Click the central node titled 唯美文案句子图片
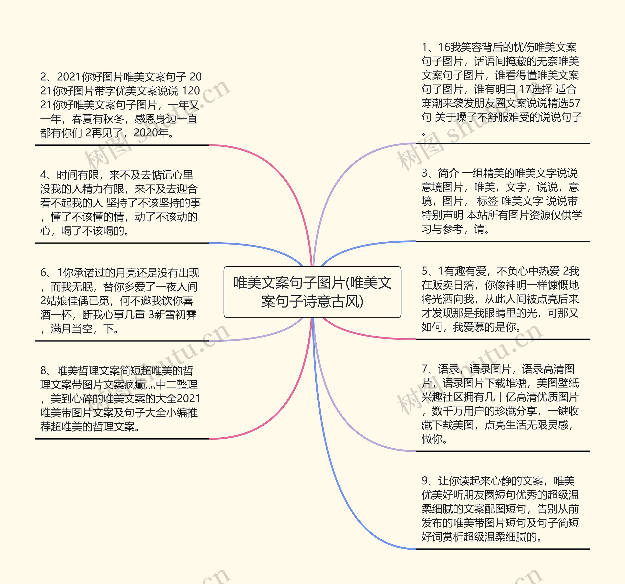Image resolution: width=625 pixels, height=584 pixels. click(x=312, y=292)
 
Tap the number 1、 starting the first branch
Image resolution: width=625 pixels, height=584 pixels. click(x=427, y=47)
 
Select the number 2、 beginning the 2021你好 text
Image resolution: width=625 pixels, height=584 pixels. click(x=46, y=77)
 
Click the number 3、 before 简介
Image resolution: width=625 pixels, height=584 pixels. click(x=427, y=173)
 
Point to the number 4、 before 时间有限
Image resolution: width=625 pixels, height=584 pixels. click(x=46, y=175)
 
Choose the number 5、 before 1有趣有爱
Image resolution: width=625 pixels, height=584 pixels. click(x=427, y=271)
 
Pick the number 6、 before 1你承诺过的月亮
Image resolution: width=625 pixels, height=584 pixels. click(x=46, y=273)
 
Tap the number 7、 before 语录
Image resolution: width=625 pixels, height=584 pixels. click(x=427, y=369)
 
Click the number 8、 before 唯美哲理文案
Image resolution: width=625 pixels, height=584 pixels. click(x=46, y=371)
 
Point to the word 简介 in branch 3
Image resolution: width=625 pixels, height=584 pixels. click(x=449, y=173)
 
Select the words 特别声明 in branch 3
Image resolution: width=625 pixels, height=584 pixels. click(x=442, y=215)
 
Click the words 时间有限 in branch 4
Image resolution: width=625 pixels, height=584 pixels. click(x=78, y=175)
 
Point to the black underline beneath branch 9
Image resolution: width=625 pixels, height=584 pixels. click(x=503, y=549)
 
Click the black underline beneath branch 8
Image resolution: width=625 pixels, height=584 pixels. click(x=122, y=439)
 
